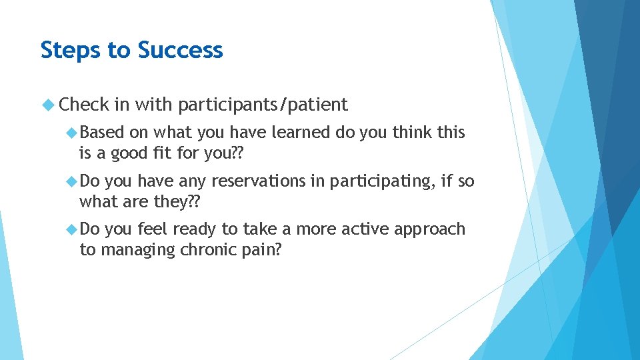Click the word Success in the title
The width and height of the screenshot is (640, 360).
click(180, 50)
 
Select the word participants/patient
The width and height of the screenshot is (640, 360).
click(263, 105)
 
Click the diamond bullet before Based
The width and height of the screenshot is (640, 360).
click(73, 133)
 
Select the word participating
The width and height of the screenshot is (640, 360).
click(381, 181)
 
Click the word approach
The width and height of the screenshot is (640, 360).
click(430, 229)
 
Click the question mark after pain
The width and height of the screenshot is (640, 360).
click(279, 249)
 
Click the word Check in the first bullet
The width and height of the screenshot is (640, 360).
click(84, 105)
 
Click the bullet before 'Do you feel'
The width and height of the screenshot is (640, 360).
click(73, 229)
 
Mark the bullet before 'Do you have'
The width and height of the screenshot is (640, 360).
click(73, 181)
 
